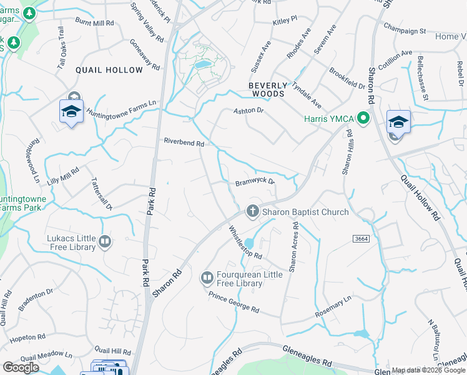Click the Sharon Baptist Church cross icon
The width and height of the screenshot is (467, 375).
[253, 211]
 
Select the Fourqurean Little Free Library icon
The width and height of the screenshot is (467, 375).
[207, 276]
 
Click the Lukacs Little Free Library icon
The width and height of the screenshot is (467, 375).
[105, 241]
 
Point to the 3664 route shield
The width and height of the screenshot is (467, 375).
[360, 239]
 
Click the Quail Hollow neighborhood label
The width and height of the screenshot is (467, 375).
[109, 69]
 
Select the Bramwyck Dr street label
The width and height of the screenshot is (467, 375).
[255, 182]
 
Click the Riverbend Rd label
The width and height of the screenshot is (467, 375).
[184, 142]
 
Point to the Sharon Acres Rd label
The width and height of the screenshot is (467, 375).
[293, 249]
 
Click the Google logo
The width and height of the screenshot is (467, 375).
[21, 367]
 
